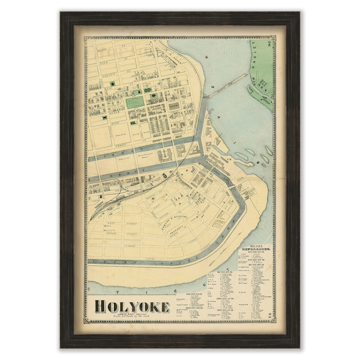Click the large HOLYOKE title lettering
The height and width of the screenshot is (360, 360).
(x=131, y=307)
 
